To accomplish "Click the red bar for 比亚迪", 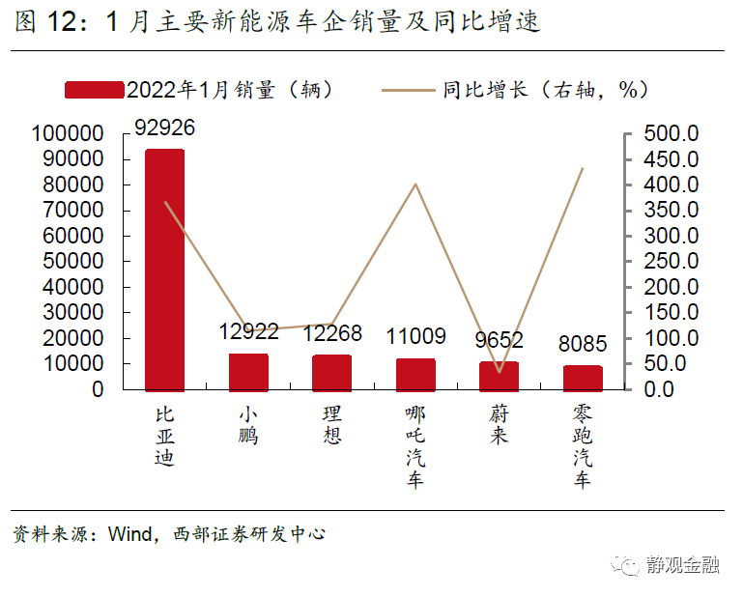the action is click(x=164, y=270).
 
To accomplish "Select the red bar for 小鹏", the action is click(x=248, y=373).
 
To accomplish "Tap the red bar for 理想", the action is click(x=331, y=373).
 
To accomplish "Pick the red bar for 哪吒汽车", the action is click(x=415, y=375).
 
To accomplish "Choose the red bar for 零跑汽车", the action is click(x=583, y=379).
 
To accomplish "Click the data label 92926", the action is click(x=164, y=128).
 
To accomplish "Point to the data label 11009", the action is click(x=416, y=336).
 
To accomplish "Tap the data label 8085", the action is click(x=583, y=344).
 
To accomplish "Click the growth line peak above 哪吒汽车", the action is click(x=415, y=184).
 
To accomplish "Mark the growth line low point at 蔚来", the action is click(x=500, y=372).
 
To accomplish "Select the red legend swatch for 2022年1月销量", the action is click(x=95, y=90).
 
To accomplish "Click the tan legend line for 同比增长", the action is click(x=408, y=90).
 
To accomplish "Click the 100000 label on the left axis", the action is click(x=68, y=133).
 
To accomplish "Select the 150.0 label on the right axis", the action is click(x=671, y=312).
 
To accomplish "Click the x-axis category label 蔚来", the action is click(x=499, y=425).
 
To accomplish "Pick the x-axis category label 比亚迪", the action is click(x=164, y=436).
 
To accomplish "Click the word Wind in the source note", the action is click(x=129, y=534).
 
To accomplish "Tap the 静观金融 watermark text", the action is click(x=683, y=564).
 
